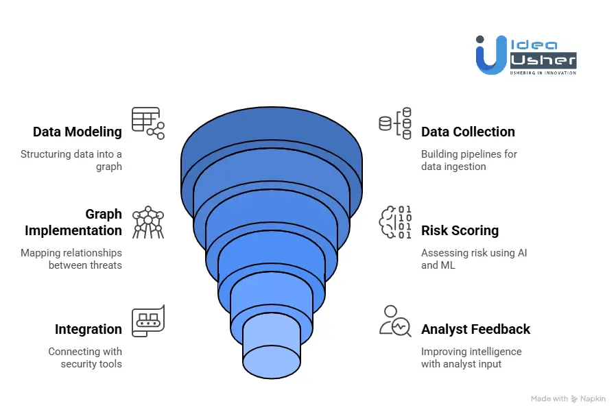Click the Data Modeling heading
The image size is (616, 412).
78,132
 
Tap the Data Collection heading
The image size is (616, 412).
468,132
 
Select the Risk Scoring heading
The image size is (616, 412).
460,230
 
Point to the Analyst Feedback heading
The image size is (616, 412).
476,329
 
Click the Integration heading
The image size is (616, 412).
88,329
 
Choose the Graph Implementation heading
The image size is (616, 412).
73,222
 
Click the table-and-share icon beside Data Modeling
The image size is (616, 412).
148,123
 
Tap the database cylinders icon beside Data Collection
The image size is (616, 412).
395,123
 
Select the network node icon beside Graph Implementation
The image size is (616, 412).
148,222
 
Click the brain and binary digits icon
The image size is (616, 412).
395,222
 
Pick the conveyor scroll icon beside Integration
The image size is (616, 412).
148,321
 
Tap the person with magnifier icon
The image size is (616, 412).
395,321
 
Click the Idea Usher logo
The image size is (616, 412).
526,55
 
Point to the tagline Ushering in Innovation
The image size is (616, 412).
543,73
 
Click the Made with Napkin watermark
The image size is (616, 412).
568,399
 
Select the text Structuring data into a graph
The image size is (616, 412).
71,160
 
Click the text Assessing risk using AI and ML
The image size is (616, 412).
474,259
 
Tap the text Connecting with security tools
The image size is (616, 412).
85,357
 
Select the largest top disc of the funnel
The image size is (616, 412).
272,130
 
